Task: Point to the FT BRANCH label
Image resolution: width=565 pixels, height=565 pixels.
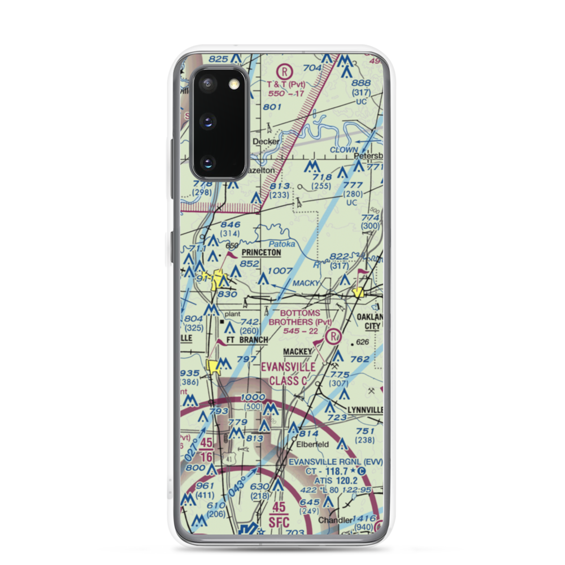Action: pos(247,340)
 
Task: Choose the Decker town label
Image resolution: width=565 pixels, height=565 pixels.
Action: pos(266,141)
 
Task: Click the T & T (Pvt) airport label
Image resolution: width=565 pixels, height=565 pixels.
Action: pos(286,84)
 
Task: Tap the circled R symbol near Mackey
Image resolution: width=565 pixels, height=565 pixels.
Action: pos(334,337)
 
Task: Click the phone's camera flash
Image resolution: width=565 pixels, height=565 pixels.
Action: pos(234,84)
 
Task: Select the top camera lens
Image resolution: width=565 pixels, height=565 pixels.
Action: pos(207,84)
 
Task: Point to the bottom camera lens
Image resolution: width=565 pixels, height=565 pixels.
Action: pos(207,163)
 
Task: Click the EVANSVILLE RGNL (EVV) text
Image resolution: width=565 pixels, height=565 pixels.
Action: pos(335,462)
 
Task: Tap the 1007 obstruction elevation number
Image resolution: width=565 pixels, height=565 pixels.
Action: pos(280,271)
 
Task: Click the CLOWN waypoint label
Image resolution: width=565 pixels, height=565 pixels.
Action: pos(344,150)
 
